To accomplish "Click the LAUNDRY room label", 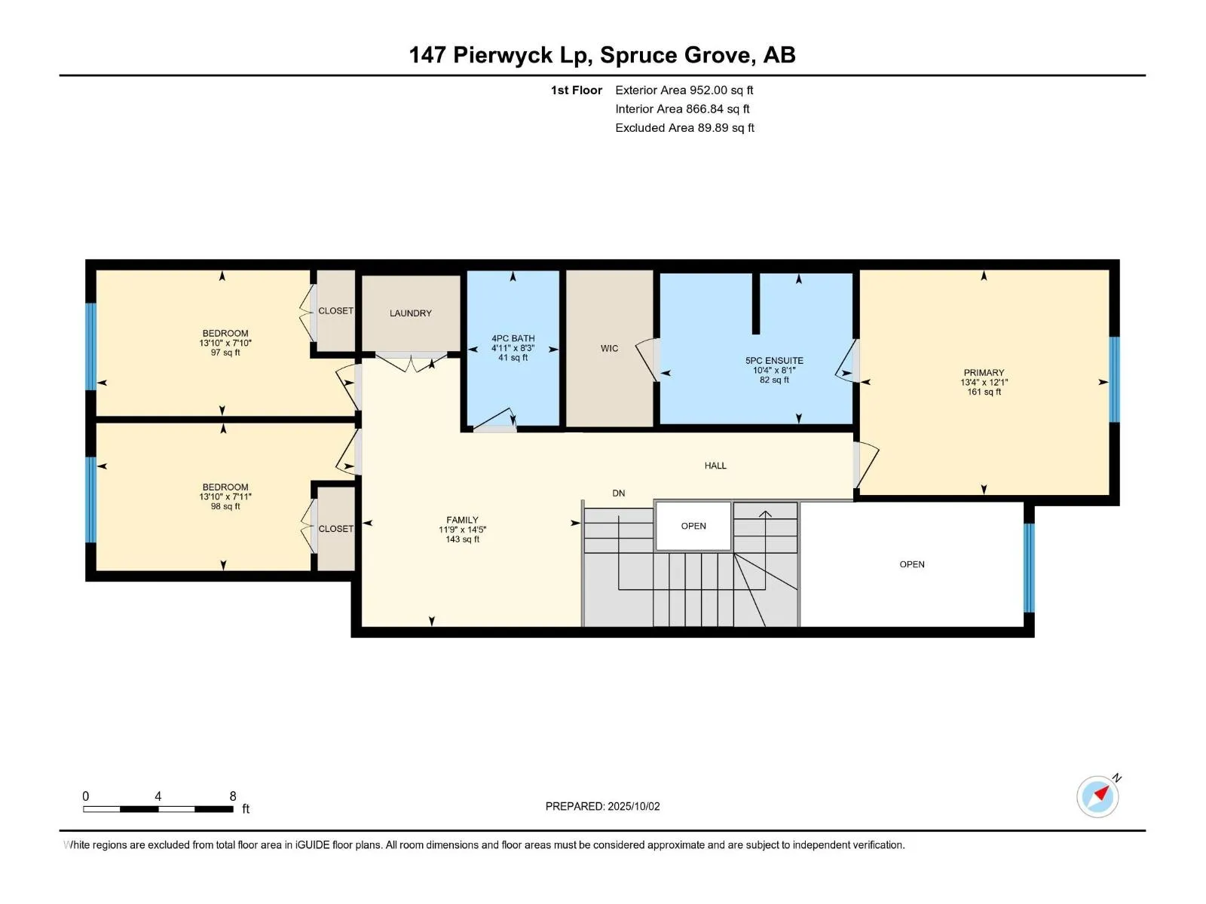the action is [411, 313].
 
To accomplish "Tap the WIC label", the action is [609, 348].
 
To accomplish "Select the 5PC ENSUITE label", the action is [774, 361].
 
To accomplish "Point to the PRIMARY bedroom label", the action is [984, 373].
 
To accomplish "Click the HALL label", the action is [715, 466].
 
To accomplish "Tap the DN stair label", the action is [619, 493].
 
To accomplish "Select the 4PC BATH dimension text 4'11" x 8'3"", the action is [513, 348].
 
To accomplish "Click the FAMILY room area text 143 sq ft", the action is [462, 539].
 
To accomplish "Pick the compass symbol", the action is [1097, 797].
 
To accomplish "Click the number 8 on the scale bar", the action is [233, 796].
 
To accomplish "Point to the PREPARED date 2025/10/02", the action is [633, 806].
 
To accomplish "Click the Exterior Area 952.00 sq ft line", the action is [684, 90].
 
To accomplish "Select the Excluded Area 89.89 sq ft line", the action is [684, 127].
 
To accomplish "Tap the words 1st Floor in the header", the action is [577, 90].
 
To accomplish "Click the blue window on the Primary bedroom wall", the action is [1114, 379].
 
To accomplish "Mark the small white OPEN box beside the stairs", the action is [693, 526].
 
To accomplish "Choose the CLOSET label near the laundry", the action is [335, 310].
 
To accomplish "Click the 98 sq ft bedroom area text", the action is [225, 506].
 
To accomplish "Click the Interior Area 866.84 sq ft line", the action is [682, 108].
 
